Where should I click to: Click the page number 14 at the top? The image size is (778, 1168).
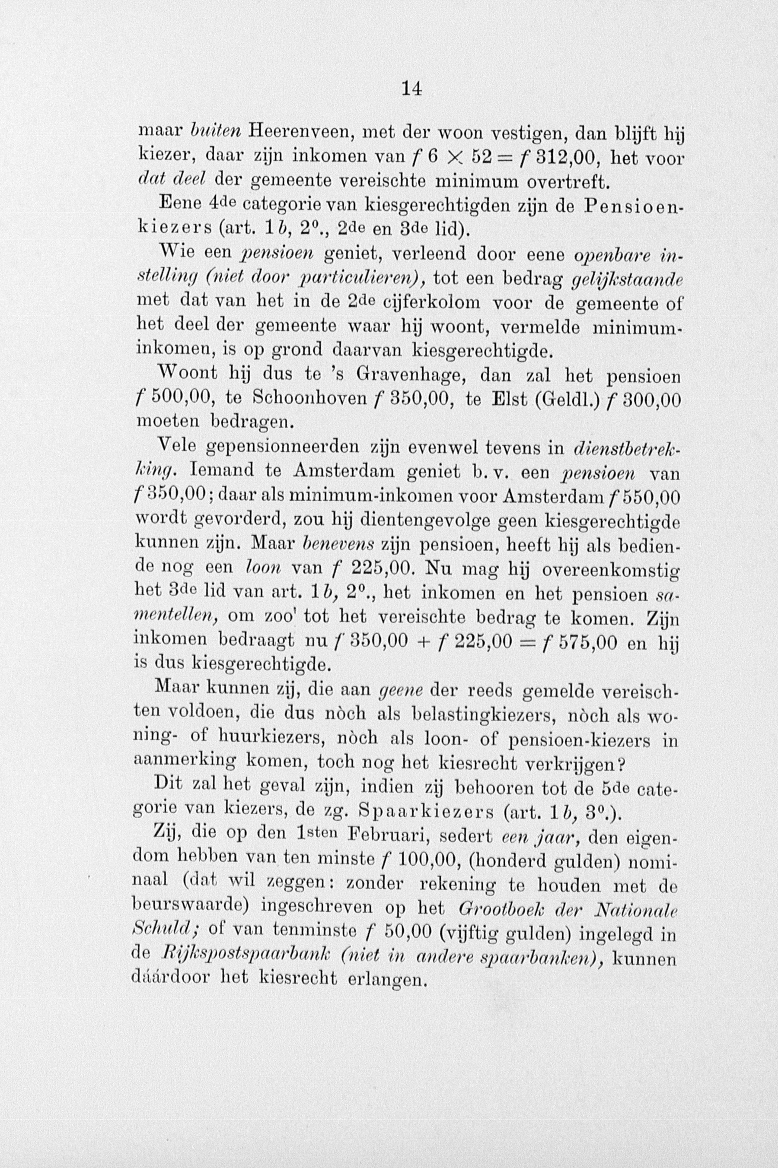tap(412, 89)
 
